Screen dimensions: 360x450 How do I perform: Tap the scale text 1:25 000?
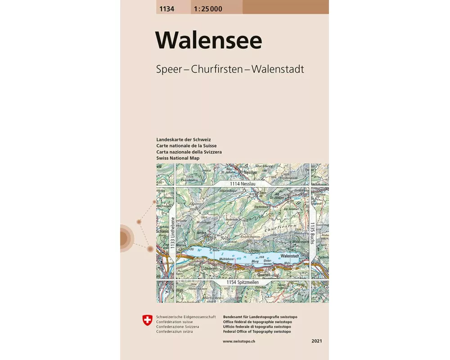click(x=208, y=9)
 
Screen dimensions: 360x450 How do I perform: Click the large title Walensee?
click(x=209, y=40)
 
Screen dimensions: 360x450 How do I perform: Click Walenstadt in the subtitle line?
click(x=278, y=70)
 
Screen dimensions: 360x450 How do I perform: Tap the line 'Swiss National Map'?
click(x=178, y=158)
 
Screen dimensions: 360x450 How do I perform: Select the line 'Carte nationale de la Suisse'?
click(x=186, y=146)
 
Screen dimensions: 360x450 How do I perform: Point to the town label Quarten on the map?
click(x=264, y=275)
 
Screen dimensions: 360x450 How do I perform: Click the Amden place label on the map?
click(x=202, y=232)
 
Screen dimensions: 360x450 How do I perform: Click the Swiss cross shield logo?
click(x=147, y=320)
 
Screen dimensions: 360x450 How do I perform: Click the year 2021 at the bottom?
click(x=316, y=342)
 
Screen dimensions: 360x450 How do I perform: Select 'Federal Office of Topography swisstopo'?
click(x=256, y=332)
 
